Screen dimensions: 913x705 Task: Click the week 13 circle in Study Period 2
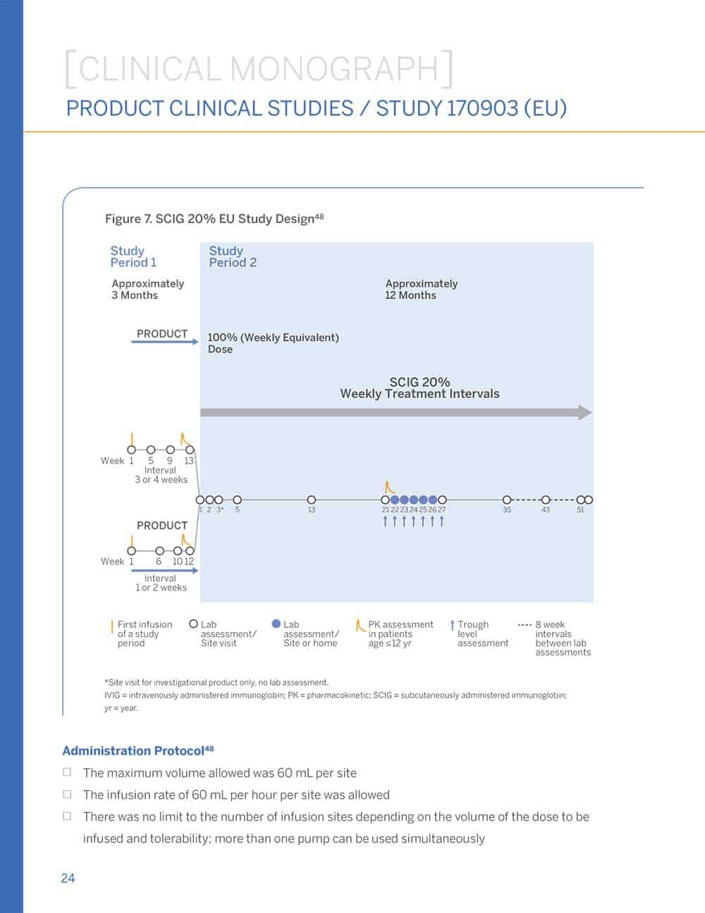point(312,500)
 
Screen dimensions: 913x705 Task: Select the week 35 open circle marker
point(506,500)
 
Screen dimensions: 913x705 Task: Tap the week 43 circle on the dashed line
point(545,500)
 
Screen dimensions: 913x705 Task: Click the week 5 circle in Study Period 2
point(237,500)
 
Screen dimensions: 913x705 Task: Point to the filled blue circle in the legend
point(276,624)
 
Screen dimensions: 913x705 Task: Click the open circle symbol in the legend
point(194,624)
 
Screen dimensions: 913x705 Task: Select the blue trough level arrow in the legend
point(452,625)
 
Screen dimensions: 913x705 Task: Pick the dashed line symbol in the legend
point(524,624)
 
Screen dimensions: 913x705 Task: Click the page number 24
point(68,878)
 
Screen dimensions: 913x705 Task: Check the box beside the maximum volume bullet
point(67,773)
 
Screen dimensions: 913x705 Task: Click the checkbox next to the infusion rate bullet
point(67,794)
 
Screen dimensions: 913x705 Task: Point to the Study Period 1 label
point(133,256)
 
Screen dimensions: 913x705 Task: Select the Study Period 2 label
point(232,256)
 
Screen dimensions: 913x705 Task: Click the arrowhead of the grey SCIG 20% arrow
point(585,412)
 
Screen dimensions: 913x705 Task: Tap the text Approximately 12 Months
point(421,289)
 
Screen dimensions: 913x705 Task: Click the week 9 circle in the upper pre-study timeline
point(170,449)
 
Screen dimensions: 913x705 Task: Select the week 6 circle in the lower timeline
point(159,551)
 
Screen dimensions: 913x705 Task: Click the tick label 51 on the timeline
point(580,509)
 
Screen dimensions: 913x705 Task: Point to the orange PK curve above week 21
point(389,488)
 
